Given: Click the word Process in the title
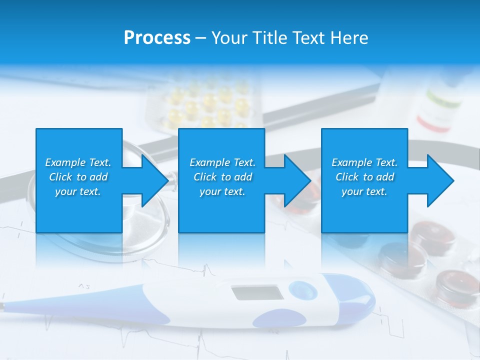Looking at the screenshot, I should (x=157, y=38).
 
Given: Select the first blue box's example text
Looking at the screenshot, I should (x=78, y=177).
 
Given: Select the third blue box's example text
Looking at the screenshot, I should (x=364, y=177).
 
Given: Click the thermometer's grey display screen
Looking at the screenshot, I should (x=257, y=293).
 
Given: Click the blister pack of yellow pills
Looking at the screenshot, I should (x=205, y=102).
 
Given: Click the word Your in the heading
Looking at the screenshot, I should (x=230, y=38).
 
